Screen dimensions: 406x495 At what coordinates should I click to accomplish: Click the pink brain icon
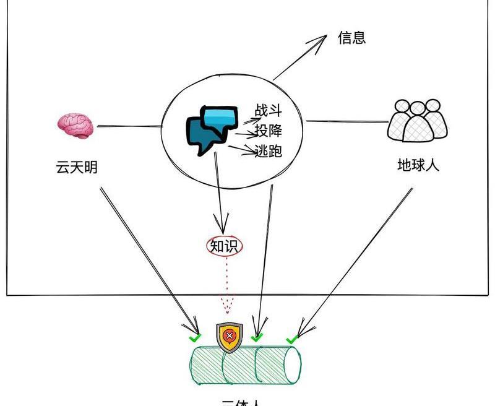[x=75, y=126]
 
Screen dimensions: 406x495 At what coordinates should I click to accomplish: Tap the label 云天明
[x=77, y=167]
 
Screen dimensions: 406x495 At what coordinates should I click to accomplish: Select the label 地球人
[x=418, y=165]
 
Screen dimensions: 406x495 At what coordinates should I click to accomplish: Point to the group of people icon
[x=418, y=121]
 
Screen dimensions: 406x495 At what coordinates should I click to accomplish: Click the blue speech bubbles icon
[x=211, y=129]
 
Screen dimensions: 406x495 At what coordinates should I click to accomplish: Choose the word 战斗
[x=269, y=111]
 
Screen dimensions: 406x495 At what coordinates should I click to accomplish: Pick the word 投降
[x=269, y=131]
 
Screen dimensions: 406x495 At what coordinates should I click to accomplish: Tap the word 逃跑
[x=269, y=150]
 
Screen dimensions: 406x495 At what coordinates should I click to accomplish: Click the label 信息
[x=351, y=37]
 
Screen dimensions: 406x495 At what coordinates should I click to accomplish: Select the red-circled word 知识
[x=225, y=246]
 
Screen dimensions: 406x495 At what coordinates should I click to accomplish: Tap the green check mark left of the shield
[x=195, y=338]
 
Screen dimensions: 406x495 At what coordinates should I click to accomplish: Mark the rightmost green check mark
[x=291, y=339]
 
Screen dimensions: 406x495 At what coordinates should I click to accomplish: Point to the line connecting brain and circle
[x=129, y=127]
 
